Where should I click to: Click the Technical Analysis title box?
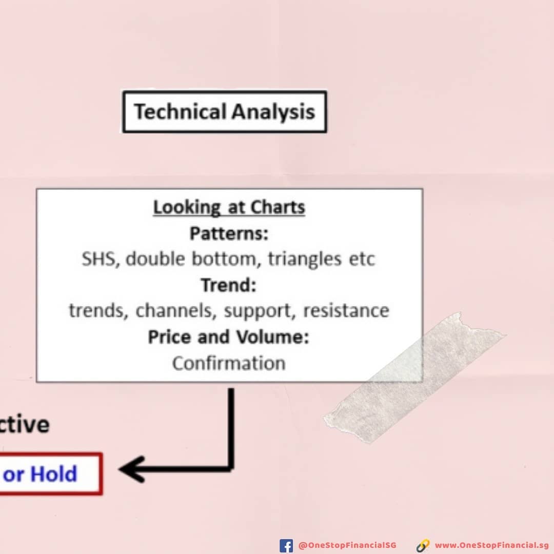coord(225,112)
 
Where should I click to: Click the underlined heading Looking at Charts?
coord(229,207)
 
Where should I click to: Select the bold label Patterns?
coord(229,233)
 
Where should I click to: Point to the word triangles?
coord(305,260)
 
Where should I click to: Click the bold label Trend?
coord(229,285)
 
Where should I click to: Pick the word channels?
coord(174,311)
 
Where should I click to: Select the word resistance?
coord(346,311)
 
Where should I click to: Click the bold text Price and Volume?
coord(229,337)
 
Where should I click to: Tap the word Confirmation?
coord(229,363)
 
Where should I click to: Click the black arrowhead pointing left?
coord(131,469)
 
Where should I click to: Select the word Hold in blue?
coord(54,474)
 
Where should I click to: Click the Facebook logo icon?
coord(286,545)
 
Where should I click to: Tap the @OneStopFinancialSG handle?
coord(347,545)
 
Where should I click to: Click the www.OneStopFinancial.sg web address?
coord(491,545)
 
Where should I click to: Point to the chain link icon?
coord(423,546)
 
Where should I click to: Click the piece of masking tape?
coord(415,378)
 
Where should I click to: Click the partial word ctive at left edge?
coord(24,424)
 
